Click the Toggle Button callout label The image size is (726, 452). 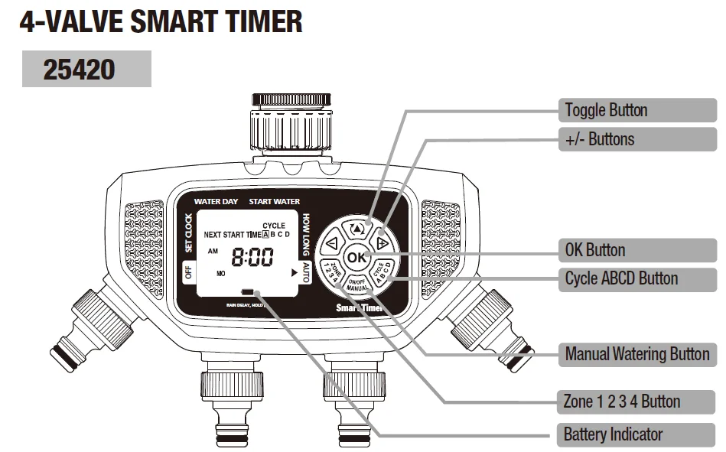[606, 110]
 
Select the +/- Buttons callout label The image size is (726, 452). [600, 139]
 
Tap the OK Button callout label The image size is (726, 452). [594, 250]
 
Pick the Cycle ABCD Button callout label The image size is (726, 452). [621, 278]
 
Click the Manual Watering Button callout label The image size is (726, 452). [636, 354]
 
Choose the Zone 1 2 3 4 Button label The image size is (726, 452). [621, 402]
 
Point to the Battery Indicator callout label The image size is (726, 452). [612, 435]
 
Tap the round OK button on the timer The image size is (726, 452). [356, 258]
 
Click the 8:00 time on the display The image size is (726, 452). [252, 259]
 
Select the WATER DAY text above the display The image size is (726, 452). [216, 202]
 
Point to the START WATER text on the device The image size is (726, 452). [275, 202]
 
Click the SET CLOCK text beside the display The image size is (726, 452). [189, 233]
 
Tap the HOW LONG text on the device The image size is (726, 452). [306, 233]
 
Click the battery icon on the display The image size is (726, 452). [249, 292]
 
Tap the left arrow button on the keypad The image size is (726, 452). [331, 245]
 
